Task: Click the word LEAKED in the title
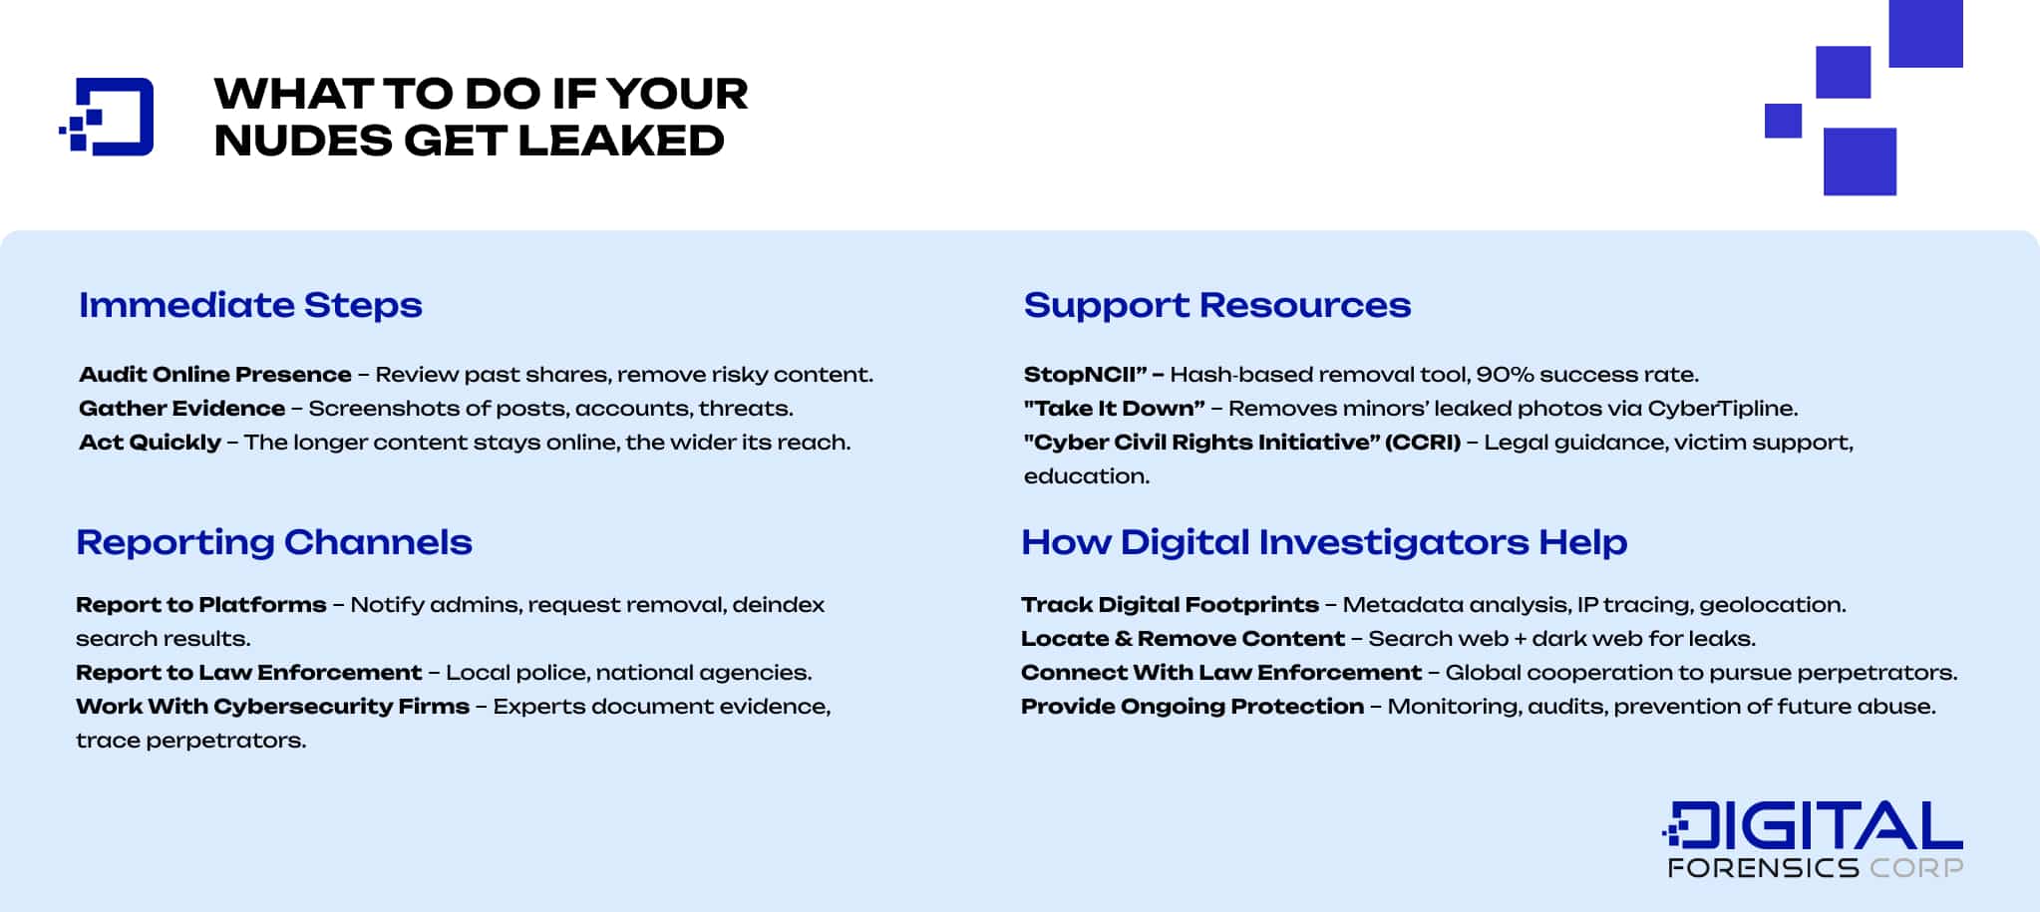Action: (x=620, y=141)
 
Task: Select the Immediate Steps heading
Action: (x=250, y=305)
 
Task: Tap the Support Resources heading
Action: (x=1216, y=305)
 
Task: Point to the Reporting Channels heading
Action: (x=273, y=542)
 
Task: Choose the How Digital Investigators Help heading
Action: (x=1323, y=542)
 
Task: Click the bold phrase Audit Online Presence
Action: (x=214, y=375)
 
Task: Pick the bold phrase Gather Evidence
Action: (x=181, y=409)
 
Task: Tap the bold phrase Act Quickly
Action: (x=150, y=443)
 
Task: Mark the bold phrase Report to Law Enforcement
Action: (x=248, y=673)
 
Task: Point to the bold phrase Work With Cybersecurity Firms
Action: (x=272, y=707)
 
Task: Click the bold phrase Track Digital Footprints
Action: (x=1170, y=605)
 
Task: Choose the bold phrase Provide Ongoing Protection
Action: (x=1191, y=707)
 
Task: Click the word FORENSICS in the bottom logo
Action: (x=1763, y=868)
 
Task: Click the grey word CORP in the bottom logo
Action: (x=1916, y=868)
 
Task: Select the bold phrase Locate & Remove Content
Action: (x=1183, y=639)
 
